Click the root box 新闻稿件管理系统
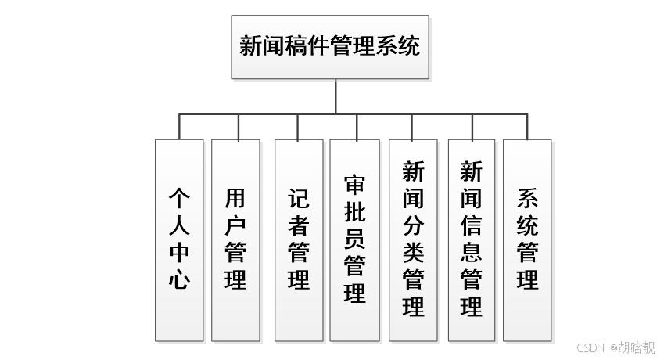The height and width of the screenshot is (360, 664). [329, 46]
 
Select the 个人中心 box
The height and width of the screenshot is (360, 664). [179, 239]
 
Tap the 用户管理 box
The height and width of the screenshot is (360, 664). [235, 239]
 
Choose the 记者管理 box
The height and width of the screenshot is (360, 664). [299, 239]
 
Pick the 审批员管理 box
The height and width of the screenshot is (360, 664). [354, 239]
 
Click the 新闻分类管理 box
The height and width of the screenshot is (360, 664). [413, 239]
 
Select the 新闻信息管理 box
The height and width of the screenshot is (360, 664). [471, 239]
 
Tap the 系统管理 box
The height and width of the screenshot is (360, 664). [527, 239]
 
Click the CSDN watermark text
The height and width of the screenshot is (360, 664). [592, 348]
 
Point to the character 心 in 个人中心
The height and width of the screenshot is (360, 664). [179, 279]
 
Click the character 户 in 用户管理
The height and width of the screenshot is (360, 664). [235, 225]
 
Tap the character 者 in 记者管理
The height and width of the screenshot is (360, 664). [299, 225]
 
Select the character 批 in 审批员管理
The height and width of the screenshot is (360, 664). [354, 211]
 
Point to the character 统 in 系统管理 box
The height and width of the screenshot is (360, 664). [527, 225]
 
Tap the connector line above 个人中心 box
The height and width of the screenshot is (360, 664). [179, 126]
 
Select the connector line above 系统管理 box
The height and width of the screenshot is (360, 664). [527, 126]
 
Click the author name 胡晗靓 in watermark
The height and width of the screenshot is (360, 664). [637, 348]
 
